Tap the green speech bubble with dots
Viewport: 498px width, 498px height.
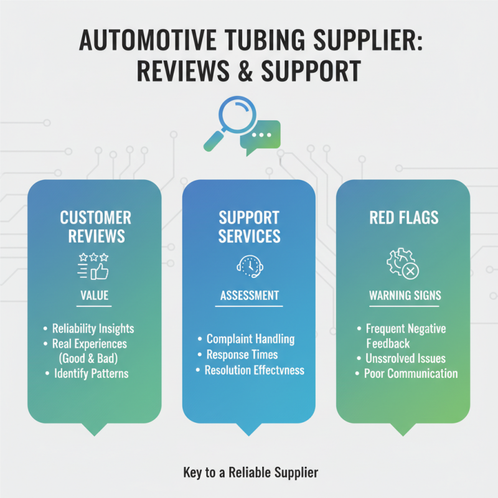tap(263, 136)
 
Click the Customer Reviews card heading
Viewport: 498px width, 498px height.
tap(95, 227)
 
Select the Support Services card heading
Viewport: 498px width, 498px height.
tap(249, 227)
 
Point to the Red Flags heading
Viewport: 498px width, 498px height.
tap(403, 218)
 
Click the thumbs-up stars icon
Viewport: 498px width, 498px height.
tap(95, 265)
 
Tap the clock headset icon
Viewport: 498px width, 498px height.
tap(249, 266)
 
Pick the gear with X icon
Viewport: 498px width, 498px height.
tap(403, 265)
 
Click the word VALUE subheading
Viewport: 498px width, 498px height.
tap(95, 296)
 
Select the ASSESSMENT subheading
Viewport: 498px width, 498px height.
tap(249, 296)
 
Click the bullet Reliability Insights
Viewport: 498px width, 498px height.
tap(92, 329)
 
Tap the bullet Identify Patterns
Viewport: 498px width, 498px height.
tap(90, 374)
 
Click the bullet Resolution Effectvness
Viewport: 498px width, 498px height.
tap(255, 370)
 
